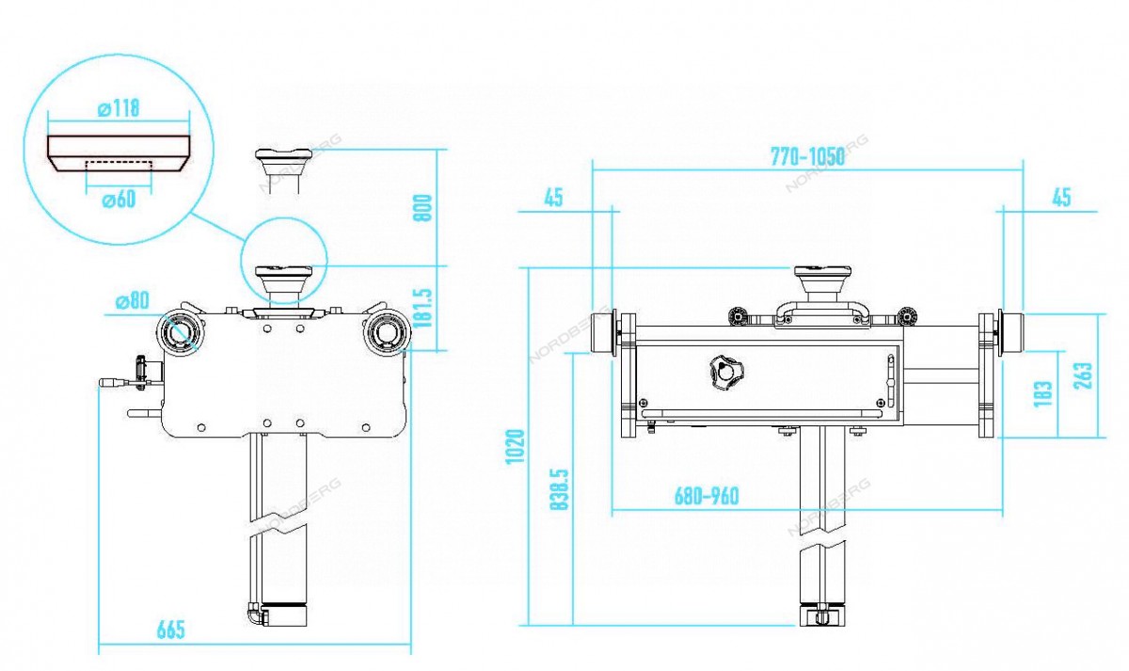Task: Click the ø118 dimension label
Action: [119, 108]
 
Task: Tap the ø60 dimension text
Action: [119, 200]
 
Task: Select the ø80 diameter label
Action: [133, 301]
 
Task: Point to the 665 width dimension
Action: [171, 631]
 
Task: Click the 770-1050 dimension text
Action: [807, 157]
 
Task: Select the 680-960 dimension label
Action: [707, 496]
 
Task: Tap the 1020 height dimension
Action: [516, 447]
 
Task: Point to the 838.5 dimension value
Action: [560, 489]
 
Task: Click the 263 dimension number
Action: [1083, 375]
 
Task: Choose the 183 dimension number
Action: [1043, 393]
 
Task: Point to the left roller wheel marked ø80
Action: [180, 333]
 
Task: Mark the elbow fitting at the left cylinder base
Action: [255, 615]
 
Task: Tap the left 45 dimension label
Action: [553, 198]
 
